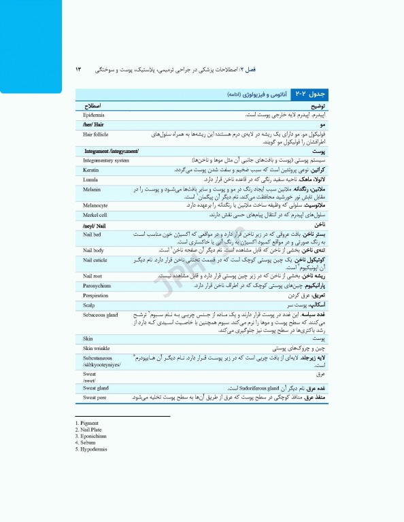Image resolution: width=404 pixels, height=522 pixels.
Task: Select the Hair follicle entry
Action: pyautogui.click(x=96, y=135)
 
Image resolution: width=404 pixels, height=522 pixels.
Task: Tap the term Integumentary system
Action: pyautogui.click(x=106, y=160)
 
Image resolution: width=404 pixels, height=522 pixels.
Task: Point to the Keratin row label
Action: pyautogui.click(x=91, y=169)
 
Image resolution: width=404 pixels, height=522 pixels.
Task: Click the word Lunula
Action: pyautogui.click(x=90, y=179)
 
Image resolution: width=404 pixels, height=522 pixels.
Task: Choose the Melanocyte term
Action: pyautogui.click(x=96, y=205)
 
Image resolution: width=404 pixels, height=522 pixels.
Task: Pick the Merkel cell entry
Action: pyautogui.click(x=95, y=215)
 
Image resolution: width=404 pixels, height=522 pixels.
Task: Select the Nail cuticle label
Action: pyautogui.click(x=96, y=260)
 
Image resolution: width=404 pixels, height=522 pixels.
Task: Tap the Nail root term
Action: pyautogui.click(x=93, y=276)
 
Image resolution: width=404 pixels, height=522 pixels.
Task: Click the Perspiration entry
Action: pyautogui.click(x=96, y=296)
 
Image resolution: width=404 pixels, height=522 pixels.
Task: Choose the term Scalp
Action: pyautogui.click(x=89, y=306)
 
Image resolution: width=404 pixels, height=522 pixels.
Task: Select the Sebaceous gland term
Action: pyautogui.click(x=101, y=316)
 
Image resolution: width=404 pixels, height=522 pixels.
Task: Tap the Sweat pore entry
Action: pyautogui.click(x=95, y=397)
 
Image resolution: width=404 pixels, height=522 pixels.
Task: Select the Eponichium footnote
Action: pyautogui.click(x=92, y=436)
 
